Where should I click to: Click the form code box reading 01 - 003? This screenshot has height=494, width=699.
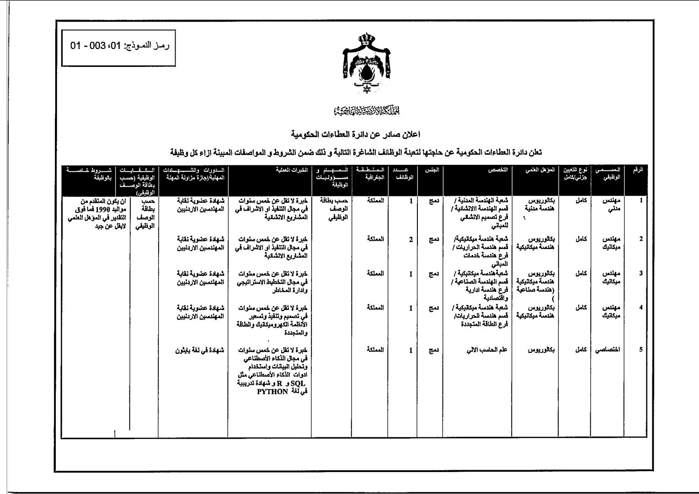[x=120, y=46]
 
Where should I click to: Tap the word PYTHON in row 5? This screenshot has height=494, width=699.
[x=272, y=391]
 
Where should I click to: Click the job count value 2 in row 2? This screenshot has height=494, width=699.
[x=411, y=239]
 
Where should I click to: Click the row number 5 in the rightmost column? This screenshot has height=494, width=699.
[x=641, y=350]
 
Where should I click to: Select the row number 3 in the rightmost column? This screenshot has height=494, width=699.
[x=641, y=274]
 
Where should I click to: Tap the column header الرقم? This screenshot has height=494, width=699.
[x=638, y=170]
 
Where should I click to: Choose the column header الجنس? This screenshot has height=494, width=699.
[x=432, y=170]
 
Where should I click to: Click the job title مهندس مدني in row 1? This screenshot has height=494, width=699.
[x=611, y=205]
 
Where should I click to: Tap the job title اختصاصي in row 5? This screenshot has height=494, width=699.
[x=608, y=350]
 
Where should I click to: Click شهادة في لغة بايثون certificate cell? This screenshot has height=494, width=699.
[x=200, y=350]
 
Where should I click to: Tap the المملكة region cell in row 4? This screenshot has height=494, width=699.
[x=375, y=308]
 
